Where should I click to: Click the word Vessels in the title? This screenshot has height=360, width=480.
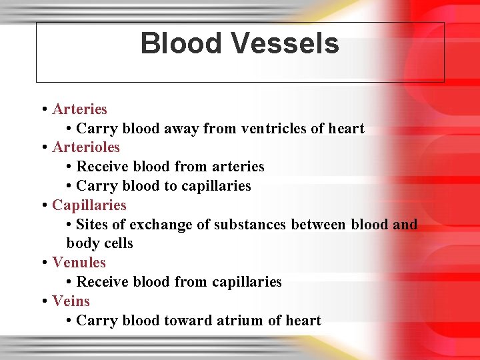click(285, 44)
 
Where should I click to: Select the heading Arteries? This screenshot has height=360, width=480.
click(79, 109)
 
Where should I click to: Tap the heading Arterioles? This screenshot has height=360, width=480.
click(86, 147)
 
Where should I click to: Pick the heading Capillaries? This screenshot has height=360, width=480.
click(89, 205)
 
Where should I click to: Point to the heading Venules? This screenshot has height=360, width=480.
click(79, 263)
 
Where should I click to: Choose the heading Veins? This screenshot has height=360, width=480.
click(71, 301)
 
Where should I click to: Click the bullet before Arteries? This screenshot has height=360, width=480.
click(43, 109)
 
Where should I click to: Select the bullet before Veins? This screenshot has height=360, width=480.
click(43, 301)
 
